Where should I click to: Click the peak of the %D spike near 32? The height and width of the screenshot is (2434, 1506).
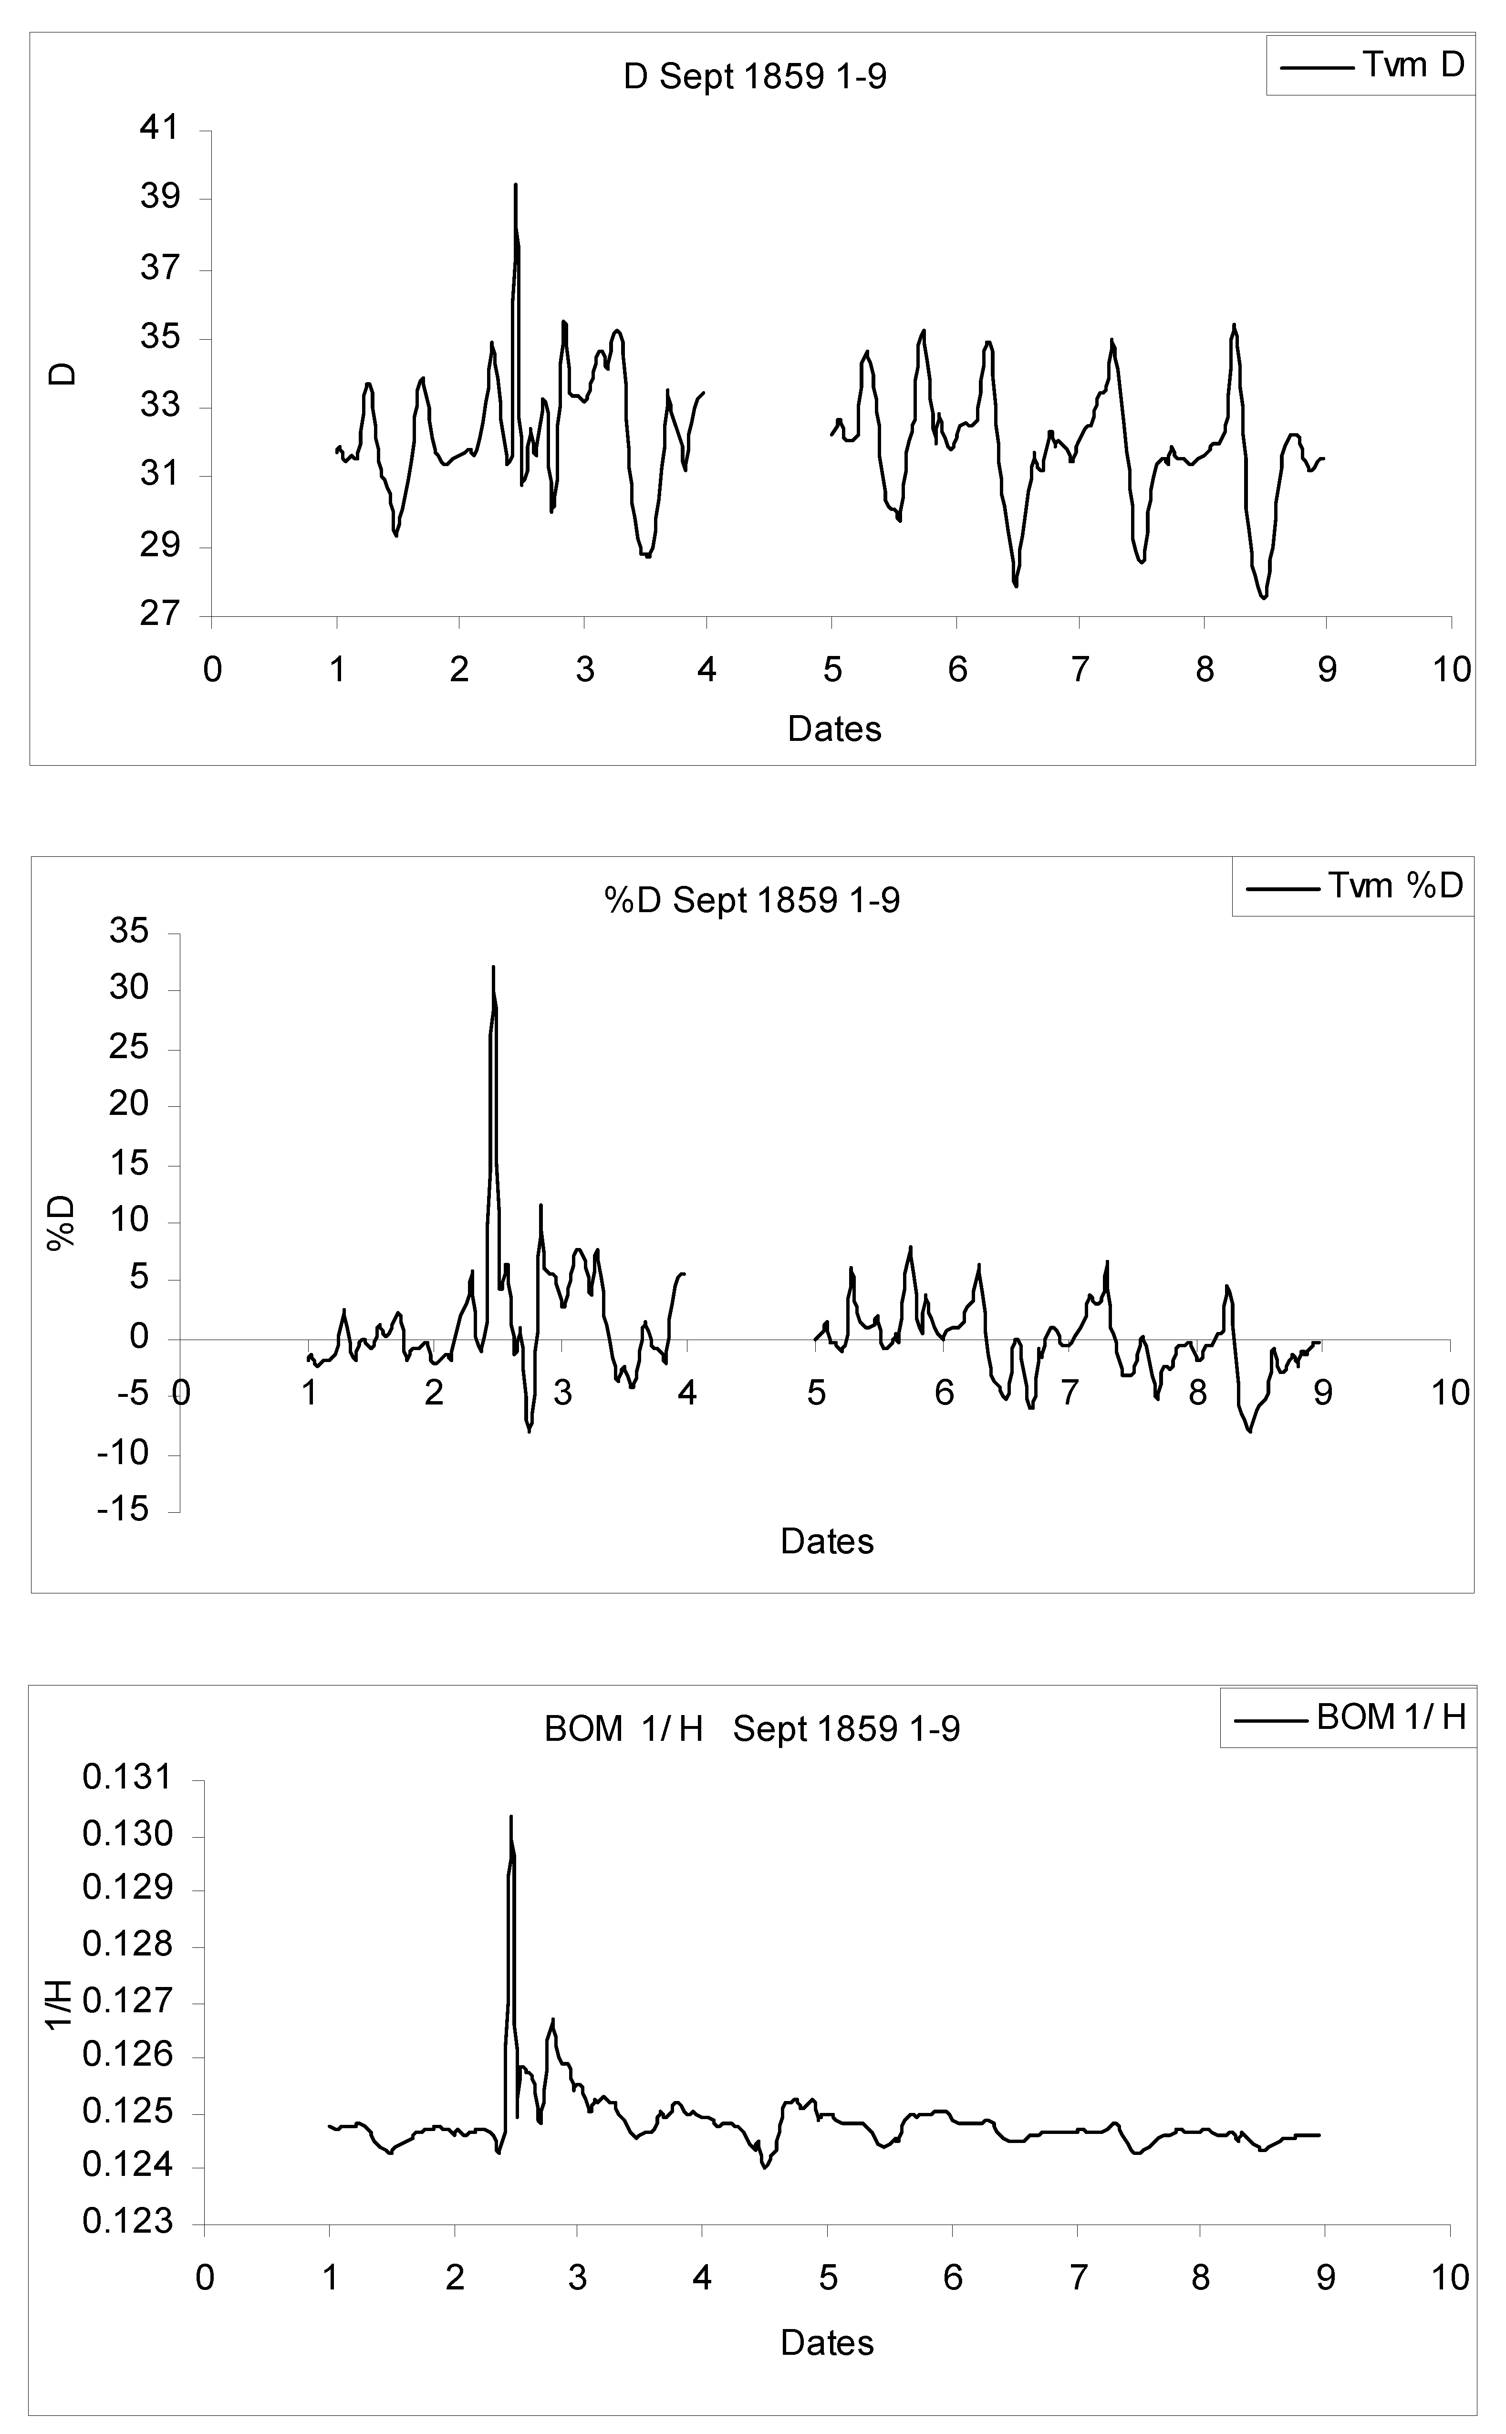(x=492, y=966)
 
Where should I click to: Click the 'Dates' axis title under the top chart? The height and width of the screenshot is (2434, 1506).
(x=834, y=729)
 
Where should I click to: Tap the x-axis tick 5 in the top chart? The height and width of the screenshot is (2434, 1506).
(x=831, y=670)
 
